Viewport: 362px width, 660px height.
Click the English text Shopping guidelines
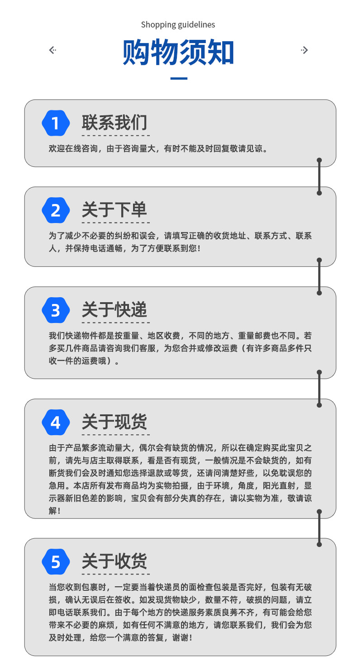click(178, 24)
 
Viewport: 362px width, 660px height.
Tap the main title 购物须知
click(178, 53)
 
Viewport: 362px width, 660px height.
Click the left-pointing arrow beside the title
click(52, 50)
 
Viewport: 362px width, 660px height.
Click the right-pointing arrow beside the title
click(305, 50)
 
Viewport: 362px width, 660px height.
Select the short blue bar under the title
click(178, 79)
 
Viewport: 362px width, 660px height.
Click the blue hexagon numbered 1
click(56, 123)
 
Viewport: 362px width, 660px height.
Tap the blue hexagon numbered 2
click(56, 210)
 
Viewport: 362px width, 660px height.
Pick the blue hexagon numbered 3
click(56, 310)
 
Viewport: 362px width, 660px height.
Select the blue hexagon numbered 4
click(56, 423)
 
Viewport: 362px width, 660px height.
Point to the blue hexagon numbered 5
click(56, 562)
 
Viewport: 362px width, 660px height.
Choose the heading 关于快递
click(114, 310)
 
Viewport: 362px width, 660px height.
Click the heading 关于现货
click(114, 423)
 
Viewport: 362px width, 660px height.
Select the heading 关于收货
click(114, 562)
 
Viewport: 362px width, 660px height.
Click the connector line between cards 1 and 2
click(319, 176)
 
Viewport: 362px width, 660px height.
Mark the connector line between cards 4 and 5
click(319, 528)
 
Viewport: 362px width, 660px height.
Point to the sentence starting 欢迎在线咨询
click(158, 149)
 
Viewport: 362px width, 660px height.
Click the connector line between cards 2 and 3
click(319, 276)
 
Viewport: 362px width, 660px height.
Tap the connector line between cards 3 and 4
click(319, 389)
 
